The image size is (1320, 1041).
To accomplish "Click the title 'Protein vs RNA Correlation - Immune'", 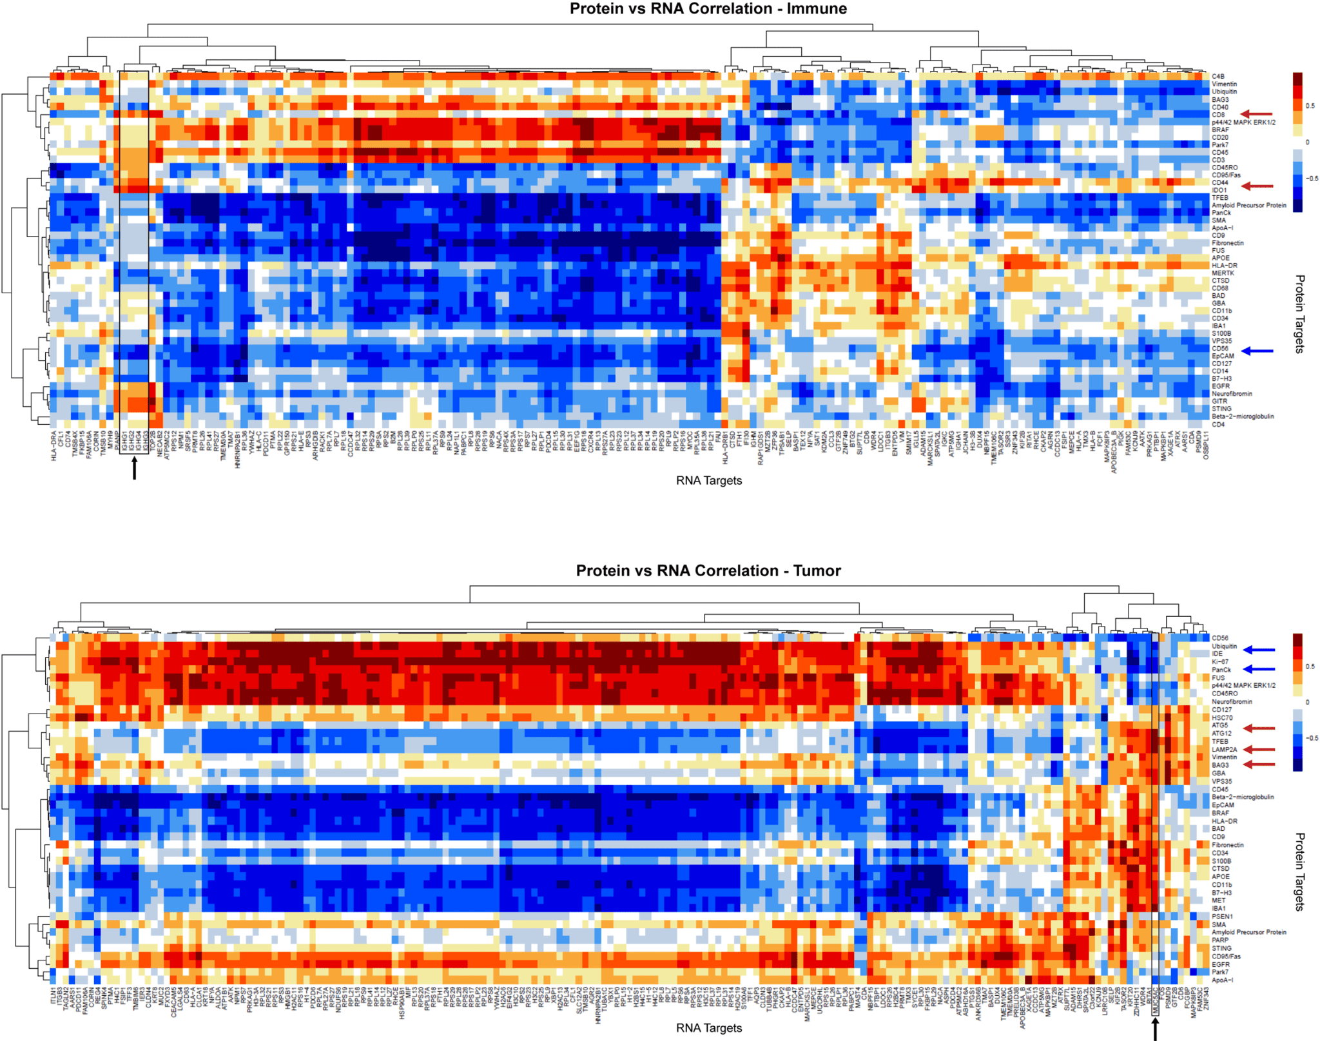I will [708, 9].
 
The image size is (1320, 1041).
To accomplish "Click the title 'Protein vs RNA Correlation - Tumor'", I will [708, 570].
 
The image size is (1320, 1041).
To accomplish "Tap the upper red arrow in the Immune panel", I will [1257, 114].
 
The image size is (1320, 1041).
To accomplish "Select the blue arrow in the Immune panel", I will [1257, 351].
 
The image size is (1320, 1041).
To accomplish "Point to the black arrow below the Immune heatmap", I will [134, 469].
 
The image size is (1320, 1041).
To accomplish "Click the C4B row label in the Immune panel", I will [1218, 77].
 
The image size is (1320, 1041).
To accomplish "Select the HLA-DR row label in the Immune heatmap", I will [1224, 266].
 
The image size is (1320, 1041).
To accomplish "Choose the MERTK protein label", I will [1222, 273].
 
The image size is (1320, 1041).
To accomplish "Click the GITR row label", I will [1219, 401].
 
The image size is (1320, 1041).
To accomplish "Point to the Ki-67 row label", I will [1219, 661].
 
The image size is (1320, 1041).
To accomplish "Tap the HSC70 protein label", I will [1221, 717].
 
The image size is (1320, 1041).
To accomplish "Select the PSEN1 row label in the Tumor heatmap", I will [1221, 916].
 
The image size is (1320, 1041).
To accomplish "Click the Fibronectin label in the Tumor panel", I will [1227, 844].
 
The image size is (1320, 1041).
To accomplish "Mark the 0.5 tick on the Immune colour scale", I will [1310, 106].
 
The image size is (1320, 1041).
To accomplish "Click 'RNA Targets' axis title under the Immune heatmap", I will [708, 481].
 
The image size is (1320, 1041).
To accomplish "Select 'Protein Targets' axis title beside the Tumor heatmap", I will [1299, 871].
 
